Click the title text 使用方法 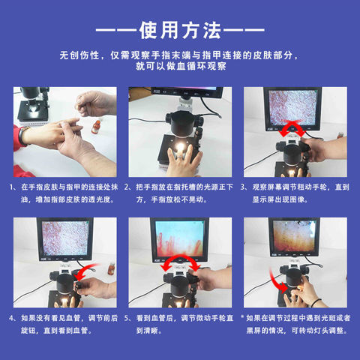[x=179, y=31]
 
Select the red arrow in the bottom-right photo [x=281, y=283]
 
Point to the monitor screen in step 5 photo [x=180, y=238]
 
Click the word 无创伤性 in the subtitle [x=82, y=56]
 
